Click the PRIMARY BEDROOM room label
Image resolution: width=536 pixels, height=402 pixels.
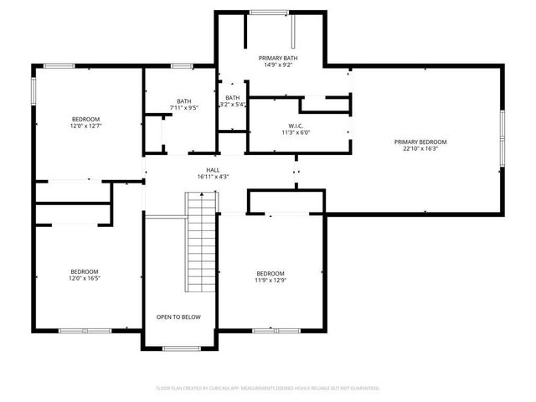coord(420,142)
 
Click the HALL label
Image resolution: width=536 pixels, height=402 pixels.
coord(214,170)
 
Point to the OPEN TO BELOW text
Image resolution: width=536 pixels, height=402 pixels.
coord(178,317)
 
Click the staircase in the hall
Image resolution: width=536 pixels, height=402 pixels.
coord(202,240)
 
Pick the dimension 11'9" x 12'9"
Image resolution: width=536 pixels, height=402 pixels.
coord(271,281)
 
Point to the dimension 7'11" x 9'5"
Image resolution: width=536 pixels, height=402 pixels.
coord(183,107)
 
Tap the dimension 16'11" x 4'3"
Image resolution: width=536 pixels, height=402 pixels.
coord(214,177)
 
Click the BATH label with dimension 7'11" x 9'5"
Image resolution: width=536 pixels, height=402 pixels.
coord(183,100)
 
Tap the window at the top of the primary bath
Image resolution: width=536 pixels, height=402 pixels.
coord(269,12)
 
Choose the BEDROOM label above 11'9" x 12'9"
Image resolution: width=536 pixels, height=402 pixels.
coord(271,274)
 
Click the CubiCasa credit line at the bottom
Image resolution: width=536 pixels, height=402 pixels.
coord(268,389)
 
